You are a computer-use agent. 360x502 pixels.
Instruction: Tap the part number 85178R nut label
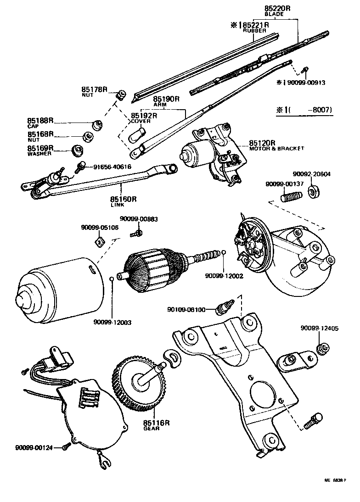pos(94,90)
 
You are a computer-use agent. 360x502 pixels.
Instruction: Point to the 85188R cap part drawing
pos(97,124)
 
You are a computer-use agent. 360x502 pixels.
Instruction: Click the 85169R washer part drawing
pos(79,150)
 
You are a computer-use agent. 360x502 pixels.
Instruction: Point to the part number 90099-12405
pos(320,328)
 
